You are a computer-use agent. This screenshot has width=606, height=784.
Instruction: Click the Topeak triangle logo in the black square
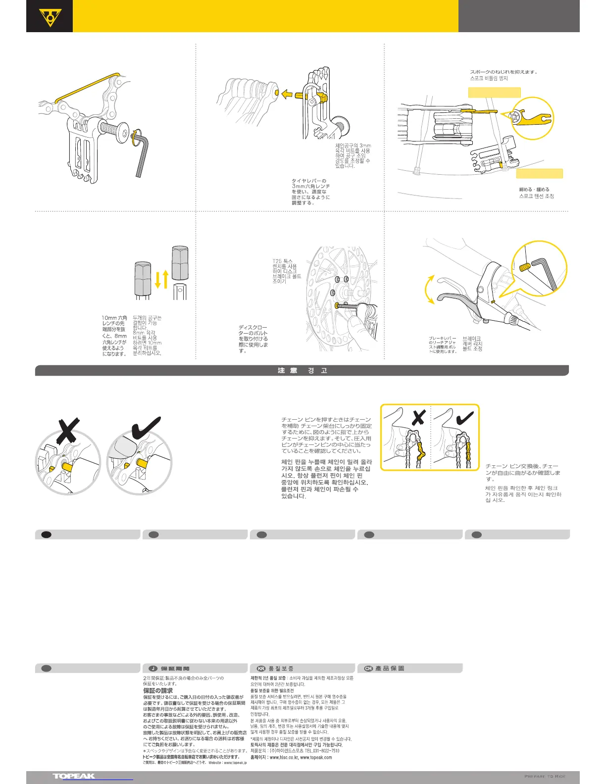(50, 16)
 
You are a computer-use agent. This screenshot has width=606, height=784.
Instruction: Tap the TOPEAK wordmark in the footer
(74, 776)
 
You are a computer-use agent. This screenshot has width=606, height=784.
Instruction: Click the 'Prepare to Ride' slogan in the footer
(545, 776)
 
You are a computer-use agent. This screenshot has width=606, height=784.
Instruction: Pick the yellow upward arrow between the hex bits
(165, 279)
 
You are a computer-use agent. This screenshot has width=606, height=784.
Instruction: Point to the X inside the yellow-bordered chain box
(419, 417)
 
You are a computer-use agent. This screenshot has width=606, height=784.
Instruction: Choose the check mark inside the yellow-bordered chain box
(464, 418)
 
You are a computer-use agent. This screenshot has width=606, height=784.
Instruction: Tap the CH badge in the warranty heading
(368, 668)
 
